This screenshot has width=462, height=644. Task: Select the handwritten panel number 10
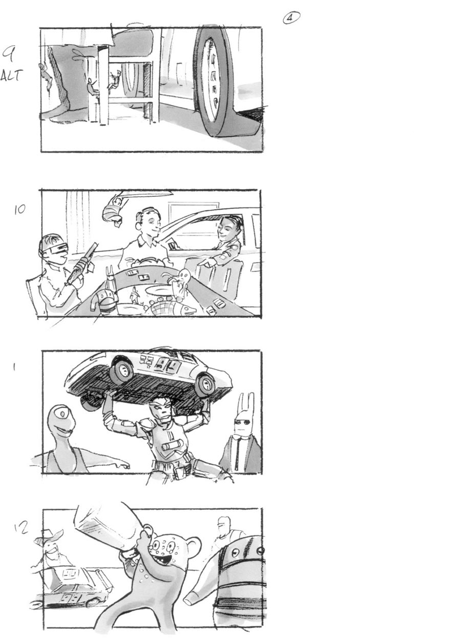click(x=19, y=210)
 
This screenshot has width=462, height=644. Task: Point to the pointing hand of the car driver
click(x=205, y=263)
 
